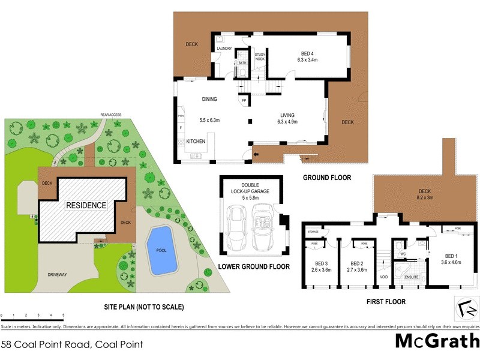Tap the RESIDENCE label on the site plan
86,205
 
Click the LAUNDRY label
224,48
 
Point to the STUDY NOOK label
259,56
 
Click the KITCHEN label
196,141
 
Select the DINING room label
209,100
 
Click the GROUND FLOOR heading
327,178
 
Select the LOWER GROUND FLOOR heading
254,266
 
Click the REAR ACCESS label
111,115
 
